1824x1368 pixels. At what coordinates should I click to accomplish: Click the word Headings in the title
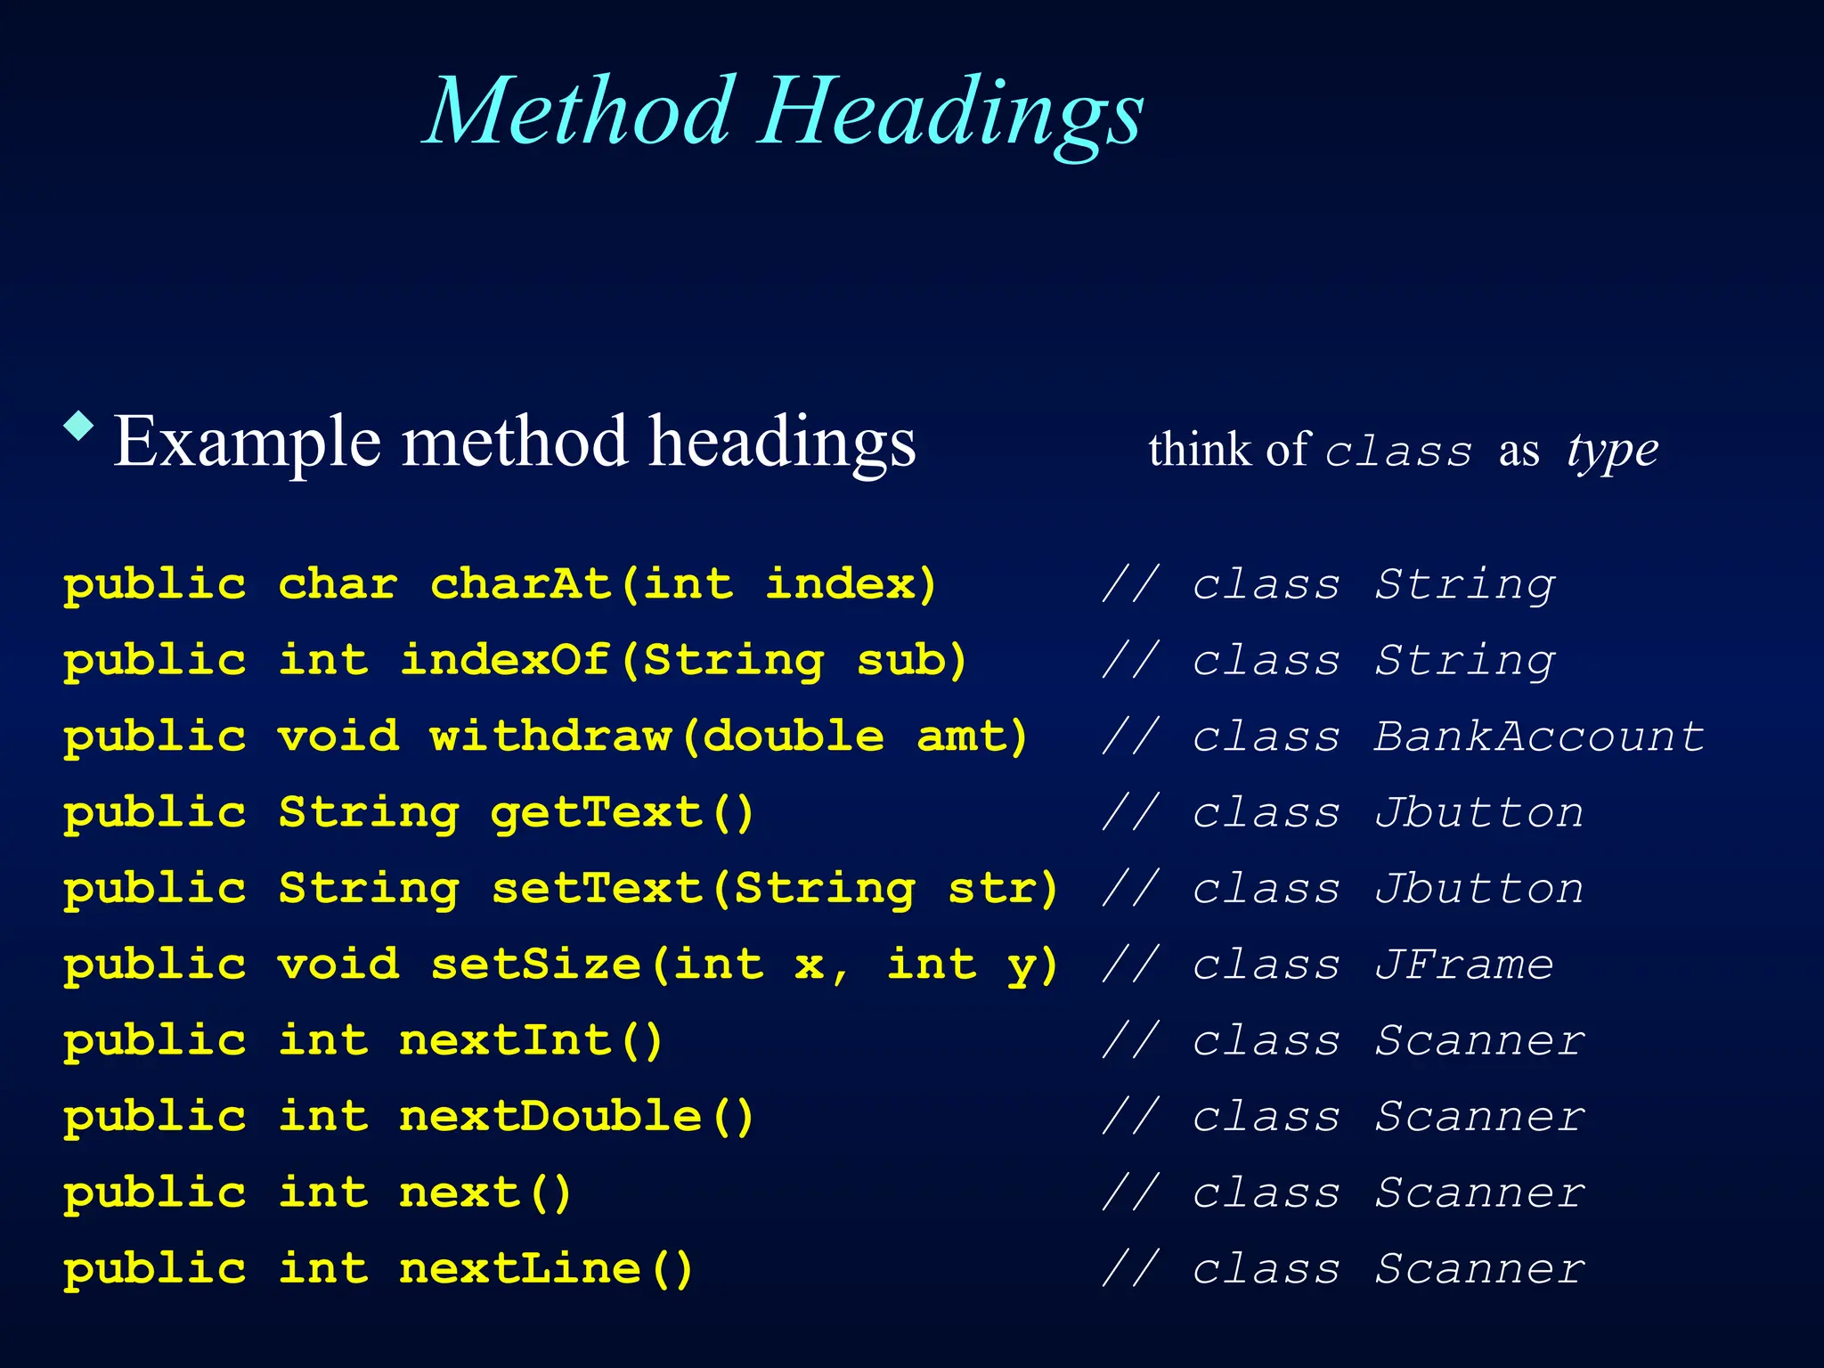tap(951, 118)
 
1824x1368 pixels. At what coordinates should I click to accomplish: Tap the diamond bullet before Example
tap(79, 426)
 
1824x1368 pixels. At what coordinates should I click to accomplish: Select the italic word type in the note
tap(1613, 451)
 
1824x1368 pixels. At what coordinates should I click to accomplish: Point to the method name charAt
tap(521, 584)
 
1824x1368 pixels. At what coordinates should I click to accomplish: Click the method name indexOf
tap(506, 660)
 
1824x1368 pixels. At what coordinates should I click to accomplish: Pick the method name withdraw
tap(551, 737)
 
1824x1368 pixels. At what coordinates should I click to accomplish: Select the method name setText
tap(597, 888)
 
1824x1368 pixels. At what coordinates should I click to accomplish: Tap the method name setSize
tap(536, 965)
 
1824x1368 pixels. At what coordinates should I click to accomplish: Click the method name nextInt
tap(506, 1040)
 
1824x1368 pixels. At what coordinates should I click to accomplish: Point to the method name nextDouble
tap(551, 1116)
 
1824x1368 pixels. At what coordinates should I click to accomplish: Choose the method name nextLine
tap(521, 1268)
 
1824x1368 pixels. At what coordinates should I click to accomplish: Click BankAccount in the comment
tap(1539, 737)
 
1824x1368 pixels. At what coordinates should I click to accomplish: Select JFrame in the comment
tap(1464, 965)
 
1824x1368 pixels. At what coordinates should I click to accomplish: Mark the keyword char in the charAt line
tap(338, 584)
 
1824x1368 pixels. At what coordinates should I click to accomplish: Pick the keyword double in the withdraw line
tap(794, 737)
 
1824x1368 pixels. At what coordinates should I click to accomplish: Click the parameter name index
tap(840, 584)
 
